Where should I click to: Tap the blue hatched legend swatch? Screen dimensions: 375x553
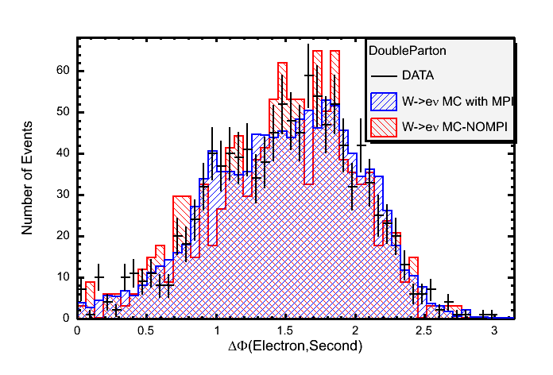click(x=385, y=101)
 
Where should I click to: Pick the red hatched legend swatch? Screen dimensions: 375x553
click(x=385, y=126)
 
